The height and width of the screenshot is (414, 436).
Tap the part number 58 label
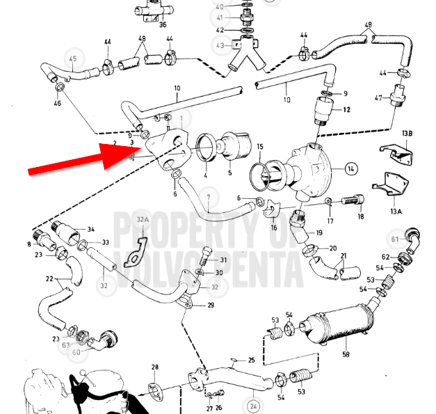(345, 354)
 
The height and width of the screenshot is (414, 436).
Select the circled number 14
(349, 168)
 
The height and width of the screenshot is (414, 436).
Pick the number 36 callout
(163, 24)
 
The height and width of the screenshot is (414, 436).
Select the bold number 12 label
(346, 110)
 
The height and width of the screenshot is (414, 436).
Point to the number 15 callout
(260, 148)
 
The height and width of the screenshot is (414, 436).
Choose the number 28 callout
(155, 367)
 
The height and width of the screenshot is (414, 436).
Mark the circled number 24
(254, 405)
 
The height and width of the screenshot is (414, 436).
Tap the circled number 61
(395, 240)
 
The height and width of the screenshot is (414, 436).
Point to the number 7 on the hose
(207, 208)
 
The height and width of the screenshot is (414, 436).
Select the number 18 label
(360, 217)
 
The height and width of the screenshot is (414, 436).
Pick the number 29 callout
(211, 305)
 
